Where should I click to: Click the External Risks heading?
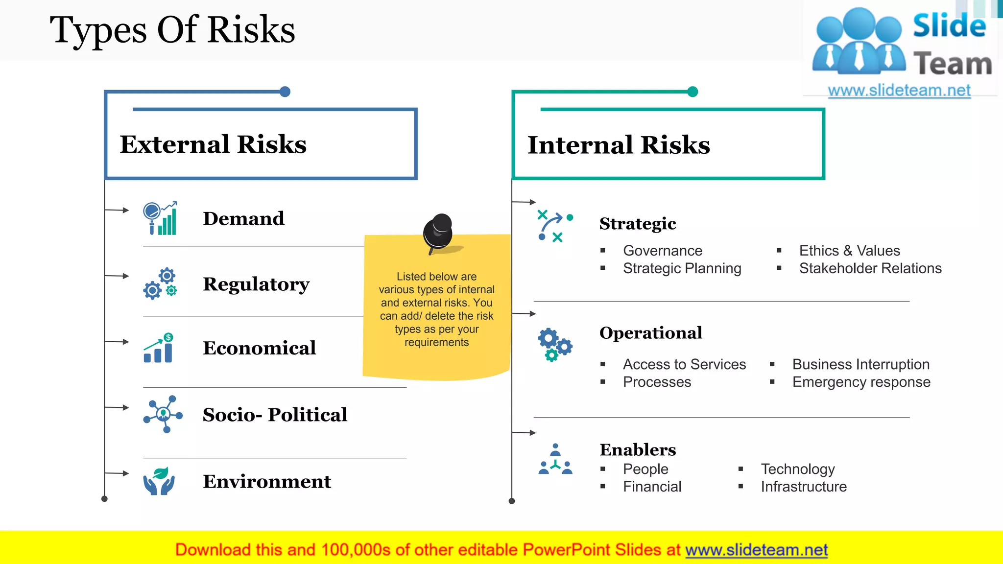[x=213, y=144]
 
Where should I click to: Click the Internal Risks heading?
[x=619, y=145]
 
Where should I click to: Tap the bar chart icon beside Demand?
[x=160, y=218]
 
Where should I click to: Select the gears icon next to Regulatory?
[x=160, y=284]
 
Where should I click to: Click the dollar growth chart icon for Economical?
[x=159, y=348]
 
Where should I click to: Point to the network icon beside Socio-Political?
[x=163, y=414]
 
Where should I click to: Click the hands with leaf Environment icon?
[x=159, y=481]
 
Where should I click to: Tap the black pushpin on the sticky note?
[x=438, y=233]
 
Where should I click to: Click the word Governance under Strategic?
[x=663, y=251]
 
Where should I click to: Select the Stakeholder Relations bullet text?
[x=870, y=268]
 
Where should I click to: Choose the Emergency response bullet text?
[x=861, y=382]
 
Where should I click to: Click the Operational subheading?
[x=651, y=333]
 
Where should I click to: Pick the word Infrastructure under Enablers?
[x=803, y=487]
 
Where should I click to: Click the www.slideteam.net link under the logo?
[x=899, y=91]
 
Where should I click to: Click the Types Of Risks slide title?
[x=172, y=30]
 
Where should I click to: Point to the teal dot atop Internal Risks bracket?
[x=693, y=92]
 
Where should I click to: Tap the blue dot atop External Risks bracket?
[x=285, y=92]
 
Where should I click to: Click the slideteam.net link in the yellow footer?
[x=756, y=550]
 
